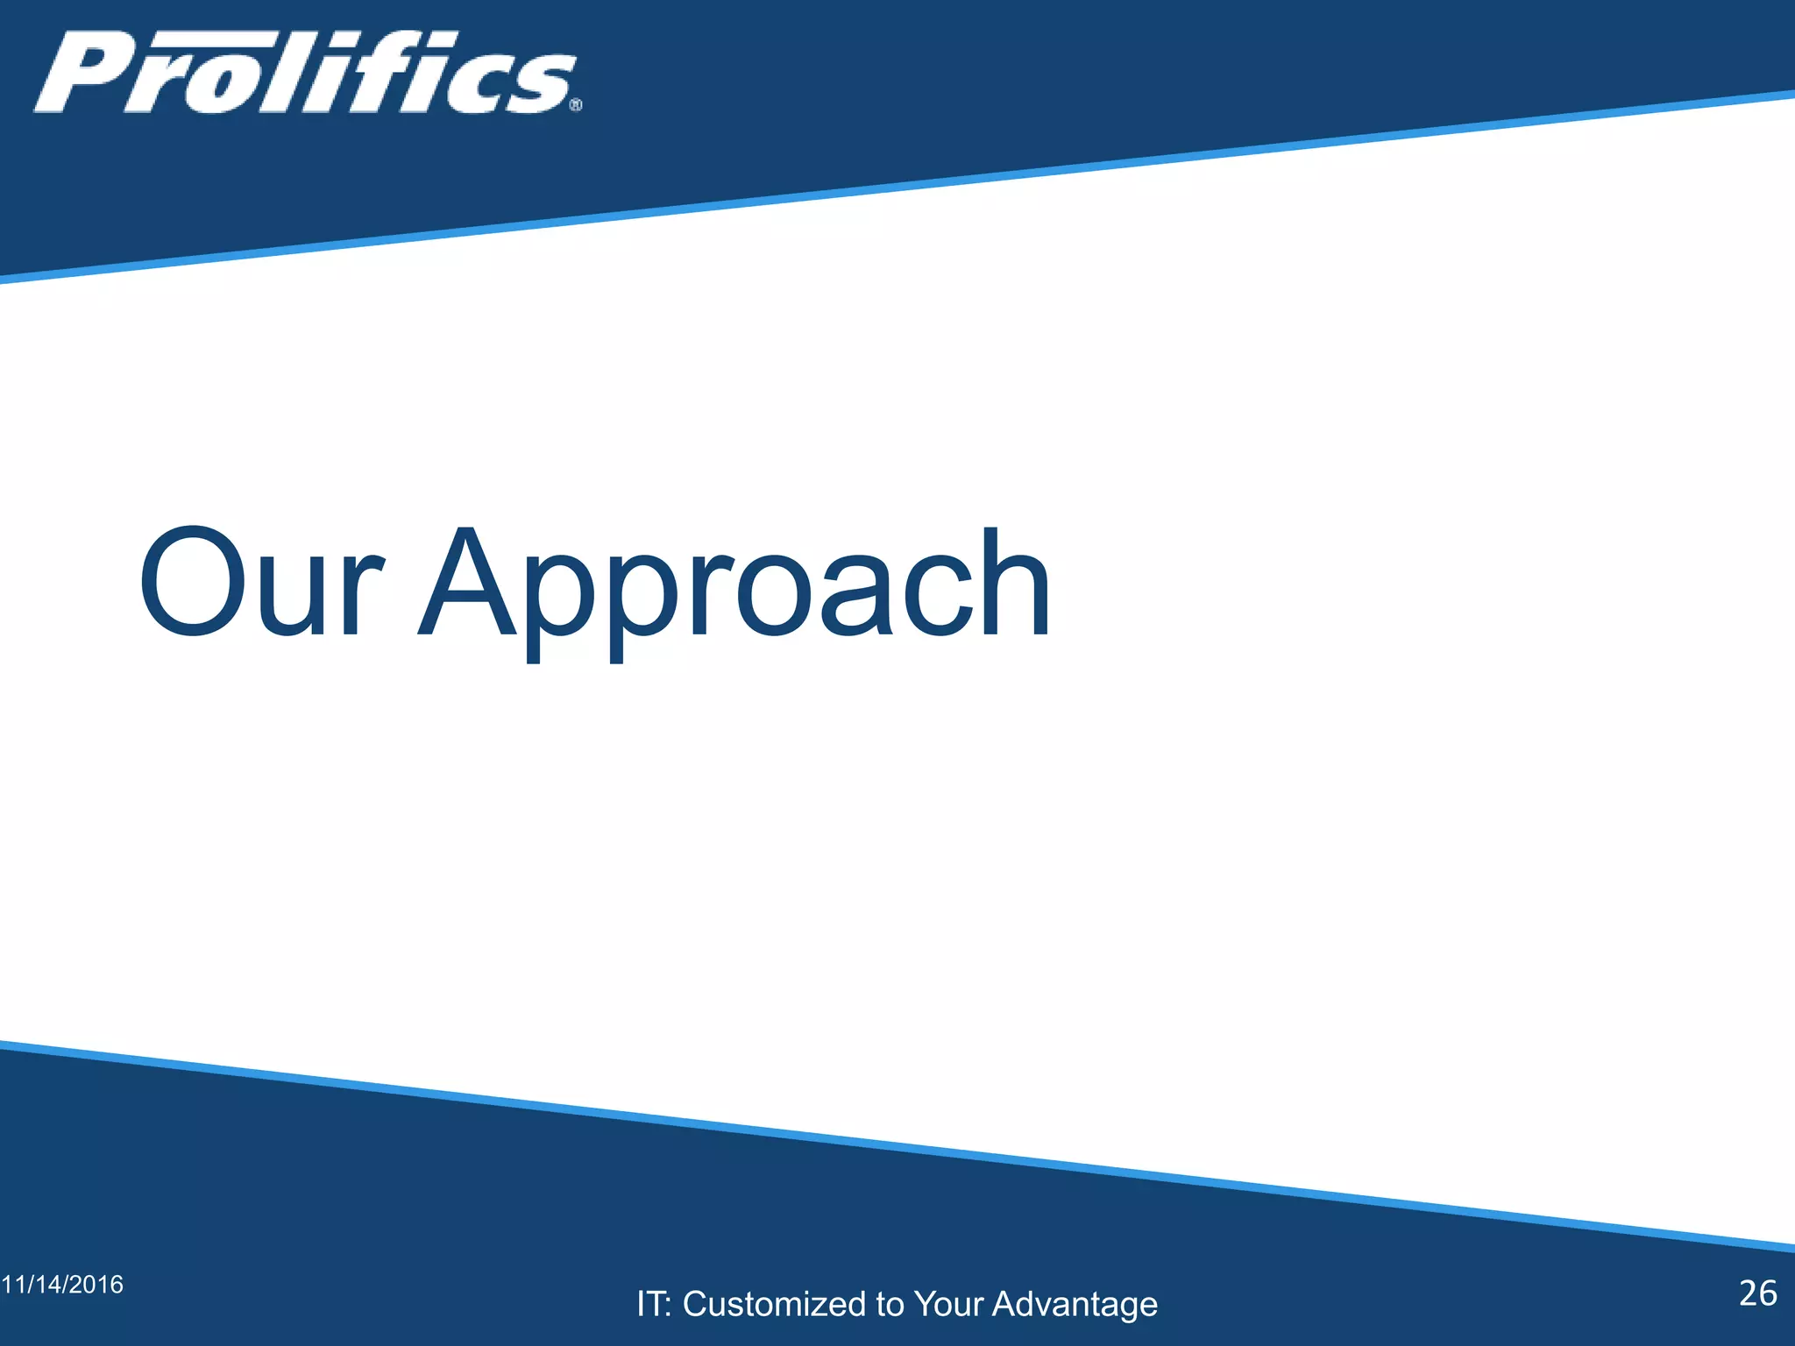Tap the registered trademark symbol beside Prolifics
(x=576, y=105)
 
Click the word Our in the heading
(x=260, y=582)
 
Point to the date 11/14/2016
(x=62, y=1285)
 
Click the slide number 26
(x=1757, y=1293)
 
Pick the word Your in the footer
(x=948, y=1304)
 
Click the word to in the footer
(x=890, y=1304)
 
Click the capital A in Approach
(x=468, y=582)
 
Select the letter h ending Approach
(x=1016, y=582)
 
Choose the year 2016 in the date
(x=96, y=1285)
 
